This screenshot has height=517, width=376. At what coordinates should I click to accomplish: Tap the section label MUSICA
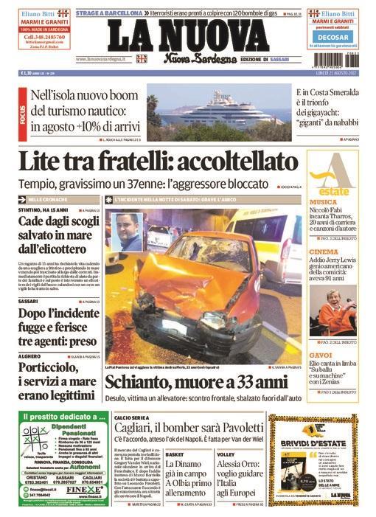[x=324, y=201]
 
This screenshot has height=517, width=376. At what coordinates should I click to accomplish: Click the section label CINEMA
[x=323, y=252]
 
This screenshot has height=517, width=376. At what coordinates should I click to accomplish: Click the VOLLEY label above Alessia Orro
[x=226, y=454]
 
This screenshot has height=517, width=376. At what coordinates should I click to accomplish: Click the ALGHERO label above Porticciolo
[x=29, y=355]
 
